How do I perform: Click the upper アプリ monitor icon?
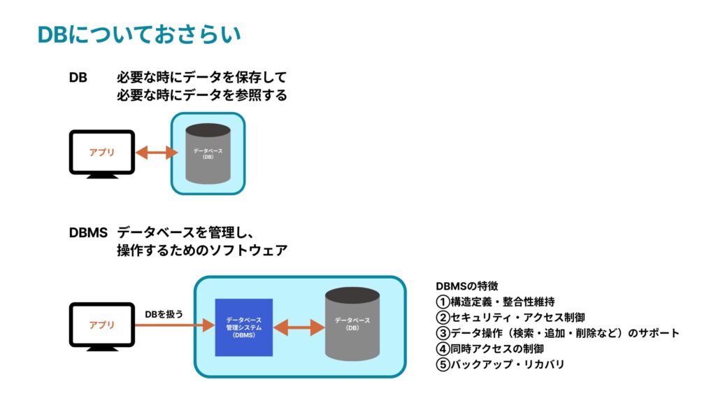tap(102, 153)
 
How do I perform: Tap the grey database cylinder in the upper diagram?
tap(208, 153)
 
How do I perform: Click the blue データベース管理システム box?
tap(243, 327)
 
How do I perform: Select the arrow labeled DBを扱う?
tap(174, 325)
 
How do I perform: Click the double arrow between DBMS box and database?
tap(299, 327)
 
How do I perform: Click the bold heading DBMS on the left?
tap(88, 232)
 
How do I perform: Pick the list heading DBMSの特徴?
tap(467, 286)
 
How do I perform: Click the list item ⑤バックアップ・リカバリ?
tap(500, 364)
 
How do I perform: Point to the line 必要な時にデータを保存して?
tap(202, 77)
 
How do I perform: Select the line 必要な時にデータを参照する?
tap(202, 95)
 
